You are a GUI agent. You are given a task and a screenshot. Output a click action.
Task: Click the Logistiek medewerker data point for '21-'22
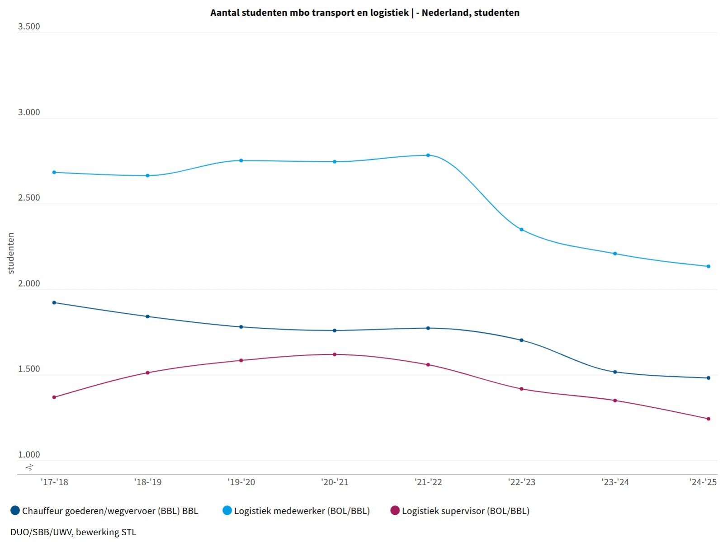click(x=428, y=155)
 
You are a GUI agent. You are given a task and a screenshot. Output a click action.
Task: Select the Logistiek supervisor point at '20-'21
click(x=335, y=354)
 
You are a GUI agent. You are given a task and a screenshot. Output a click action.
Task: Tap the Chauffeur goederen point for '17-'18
click(x=54, y=302)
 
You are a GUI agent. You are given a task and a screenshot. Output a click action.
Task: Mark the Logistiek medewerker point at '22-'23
click(x=521, y=230)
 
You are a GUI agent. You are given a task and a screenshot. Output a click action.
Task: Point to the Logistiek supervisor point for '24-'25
click(x=708, y=419)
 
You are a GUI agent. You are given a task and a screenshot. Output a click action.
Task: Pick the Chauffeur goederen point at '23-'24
click(x=615, y=372)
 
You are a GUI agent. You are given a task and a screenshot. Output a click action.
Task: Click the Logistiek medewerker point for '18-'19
click(x=147, y=175)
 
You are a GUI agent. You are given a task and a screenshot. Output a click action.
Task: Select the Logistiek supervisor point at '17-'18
click(x=54, y=397)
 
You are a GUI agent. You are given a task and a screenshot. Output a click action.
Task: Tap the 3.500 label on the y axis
click(x=29, y=26)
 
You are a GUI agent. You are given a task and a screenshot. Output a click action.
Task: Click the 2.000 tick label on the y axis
click(x=29, y=283)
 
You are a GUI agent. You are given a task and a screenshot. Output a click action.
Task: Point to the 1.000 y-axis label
click(x=29, y=455)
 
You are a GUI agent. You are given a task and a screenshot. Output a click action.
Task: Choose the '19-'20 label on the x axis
click(x=241, y=482)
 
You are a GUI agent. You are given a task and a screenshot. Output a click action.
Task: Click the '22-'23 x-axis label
click(x=521, y=482)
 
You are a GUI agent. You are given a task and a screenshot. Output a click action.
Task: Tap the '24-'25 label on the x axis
click(x=703, y=482)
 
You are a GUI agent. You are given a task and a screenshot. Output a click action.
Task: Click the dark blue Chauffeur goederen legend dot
click(x=15, y=510)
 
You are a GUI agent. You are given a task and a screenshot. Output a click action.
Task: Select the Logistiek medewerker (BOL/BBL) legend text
click(x=302, y=511)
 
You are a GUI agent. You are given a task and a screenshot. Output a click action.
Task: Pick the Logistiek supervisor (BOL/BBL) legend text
click(x=465, y=511)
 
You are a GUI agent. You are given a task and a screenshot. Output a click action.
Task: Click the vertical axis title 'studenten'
click(x=11, y=253)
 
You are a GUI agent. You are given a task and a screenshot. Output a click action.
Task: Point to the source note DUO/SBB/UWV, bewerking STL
click(x=73, y=532)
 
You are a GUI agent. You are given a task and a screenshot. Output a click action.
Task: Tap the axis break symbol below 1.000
click(x=29, y=467)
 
